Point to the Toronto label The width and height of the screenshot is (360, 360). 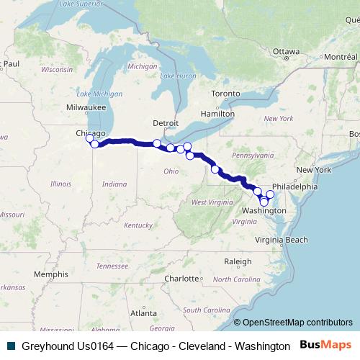(x=225, y=94)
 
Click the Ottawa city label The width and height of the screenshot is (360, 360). (x=286, y=52)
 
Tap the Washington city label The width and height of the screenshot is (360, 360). (x=265, y=210)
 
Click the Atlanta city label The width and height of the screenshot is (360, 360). (x=144, y=313)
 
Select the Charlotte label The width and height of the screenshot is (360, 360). (x=180, y=277)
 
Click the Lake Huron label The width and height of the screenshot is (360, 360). (x=177, y=76)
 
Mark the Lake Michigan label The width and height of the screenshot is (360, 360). (x=94, y=94)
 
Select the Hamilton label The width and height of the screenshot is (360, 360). (x=217, y=113)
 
